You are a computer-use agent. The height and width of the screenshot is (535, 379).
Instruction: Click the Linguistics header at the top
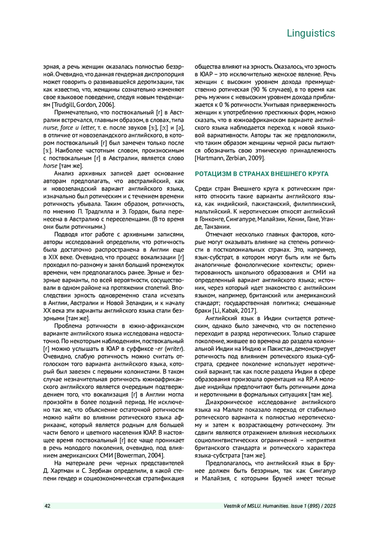point(311,33)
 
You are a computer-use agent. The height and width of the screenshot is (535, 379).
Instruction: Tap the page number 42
point(47,506)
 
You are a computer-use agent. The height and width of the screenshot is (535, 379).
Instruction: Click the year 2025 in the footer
point(330,506)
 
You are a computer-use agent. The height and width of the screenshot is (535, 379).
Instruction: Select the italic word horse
point(50,166)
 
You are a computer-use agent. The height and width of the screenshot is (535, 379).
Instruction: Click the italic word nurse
point(51,128)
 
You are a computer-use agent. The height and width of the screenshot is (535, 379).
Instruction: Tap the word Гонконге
point(211,219)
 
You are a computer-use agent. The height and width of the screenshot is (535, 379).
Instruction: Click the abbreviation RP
point(310,379)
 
